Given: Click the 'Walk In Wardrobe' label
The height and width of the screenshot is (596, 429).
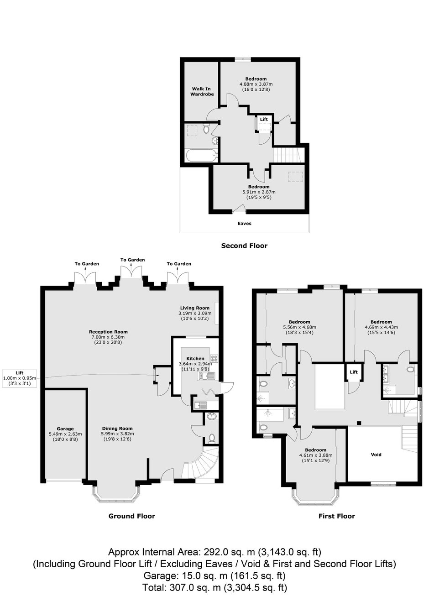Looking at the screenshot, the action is click(x=202, y=91).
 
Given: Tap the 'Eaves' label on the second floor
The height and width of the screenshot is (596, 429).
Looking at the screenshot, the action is click(x=244, y=223).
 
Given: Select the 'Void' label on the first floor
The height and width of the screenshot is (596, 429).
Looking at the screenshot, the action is click(x=376, y=455).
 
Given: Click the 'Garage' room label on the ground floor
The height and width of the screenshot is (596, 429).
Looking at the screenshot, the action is click(x=65, y=429).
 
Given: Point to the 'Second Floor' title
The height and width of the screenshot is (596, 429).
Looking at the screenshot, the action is click(x=244, y=246).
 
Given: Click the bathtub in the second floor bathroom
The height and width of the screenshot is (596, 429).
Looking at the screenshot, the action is click(x=201, y=155).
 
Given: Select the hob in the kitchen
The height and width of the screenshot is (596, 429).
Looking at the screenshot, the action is click(x=214, y=358).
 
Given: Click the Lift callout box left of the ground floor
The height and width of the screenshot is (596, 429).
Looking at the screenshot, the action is click(x=20, y=378).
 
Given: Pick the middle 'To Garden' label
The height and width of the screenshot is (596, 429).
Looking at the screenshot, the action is click(x=132, y=260).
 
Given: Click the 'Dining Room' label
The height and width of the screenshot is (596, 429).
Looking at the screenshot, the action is click(x=117, y=429).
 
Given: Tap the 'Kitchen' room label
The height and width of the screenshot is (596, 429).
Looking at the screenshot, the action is click(x=195, y=358).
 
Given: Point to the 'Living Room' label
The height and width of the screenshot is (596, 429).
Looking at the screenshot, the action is click(x=195, y=308).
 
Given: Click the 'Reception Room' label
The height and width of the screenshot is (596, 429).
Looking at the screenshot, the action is click(x=108, y=331).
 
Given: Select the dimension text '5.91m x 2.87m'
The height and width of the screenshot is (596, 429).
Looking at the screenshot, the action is click(x=259, y=192).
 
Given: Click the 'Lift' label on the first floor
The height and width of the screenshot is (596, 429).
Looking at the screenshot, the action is click(x=354, y=372).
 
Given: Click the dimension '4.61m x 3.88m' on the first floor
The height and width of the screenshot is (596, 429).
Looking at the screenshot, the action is click(x=316, y=455).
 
